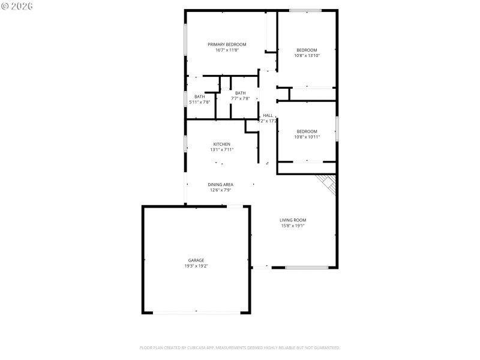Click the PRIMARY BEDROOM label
[x=227, y=44]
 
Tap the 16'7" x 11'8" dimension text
[x=227, y=50]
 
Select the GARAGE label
[x=196, y=260]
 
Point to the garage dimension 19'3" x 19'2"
[x=196, y=266]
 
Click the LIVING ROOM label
[x=293, y=220]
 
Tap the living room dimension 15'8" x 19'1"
[x=293, y=226]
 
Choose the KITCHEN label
[x=221, y=144]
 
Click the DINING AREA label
[x=220, y=184]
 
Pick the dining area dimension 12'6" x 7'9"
[x=220, y=190]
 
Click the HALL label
[x=268, y=115]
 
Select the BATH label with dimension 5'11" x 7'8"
[x=199, y=97]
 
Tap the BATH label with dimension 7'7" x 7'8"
[x=240, y=93]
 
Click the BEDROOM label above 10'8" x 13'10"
[x=307, y=50]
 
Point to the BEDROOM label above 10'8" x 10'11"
[x=307, y=131]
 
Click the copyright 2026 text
[x=17, y=6]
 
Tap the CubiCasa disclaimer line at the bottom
[x=240, y=347]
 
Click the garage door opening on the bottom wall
[x=196, y=312]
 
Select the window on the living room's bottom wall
[x=307, y=267]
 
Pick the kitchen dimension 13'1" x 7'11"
[x=221, y=150]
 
